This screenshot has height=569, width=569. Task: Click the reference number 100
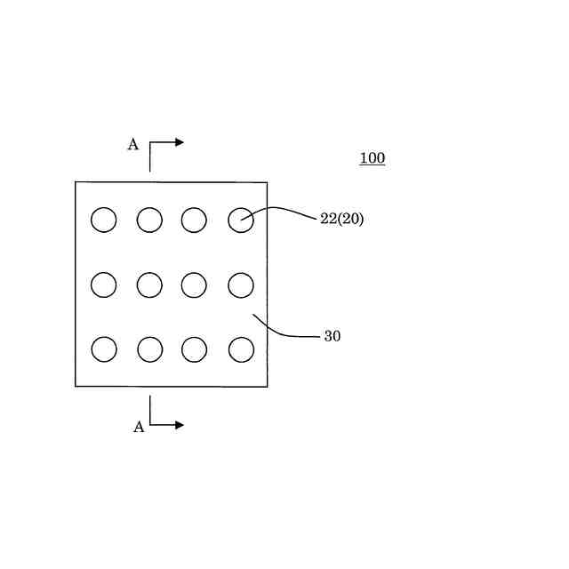(x=372, y=159)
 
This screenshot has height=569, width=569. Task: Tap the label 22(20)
(x=341, y=219)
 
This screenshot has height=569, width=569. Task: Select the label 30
(x=332, y=337)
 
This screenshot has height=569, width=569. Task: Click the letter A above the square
(x=132, y=145)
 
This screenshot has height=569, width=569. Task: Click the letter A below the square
(x=139, y=428)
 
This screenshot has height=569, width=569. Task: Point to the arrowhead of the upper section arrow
(x=179, y=142)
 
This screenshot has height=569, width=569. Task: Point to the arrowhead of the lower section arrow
(x=179, y=425)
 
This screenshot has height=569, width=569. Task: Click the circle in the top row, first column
(x=104, y=220)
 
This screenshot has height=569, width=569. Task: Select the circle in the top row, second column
(x=149, y=220)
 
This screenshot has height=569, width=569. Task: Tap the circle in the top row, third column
(x=194, y=220)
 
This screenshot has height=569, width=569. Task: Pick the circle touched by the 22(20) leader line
(x=241, y=220)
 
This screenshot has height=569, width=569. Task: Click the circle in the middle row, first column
(x=104, y=284)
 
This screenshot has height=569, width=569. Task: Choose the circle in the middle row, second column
(x=149, y=284)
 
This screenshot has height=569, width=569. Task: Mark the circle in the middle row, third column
(x=194, y=284)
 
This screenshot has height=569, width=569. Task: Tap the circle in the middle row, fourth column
(x=241, y=285)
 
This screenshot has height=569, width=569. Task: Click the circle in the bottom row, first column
(x=104, y=349)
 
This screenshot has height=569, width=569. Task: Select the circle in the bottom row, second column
(x=150, y=349)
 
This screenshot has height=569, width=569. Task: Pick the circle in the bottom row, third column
(x=195, y=349)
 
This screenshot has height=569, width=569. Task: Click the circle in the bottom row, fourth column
(x=241, y=349)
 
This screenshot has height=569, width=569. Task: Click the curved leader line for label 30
(x=283, y=333)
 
